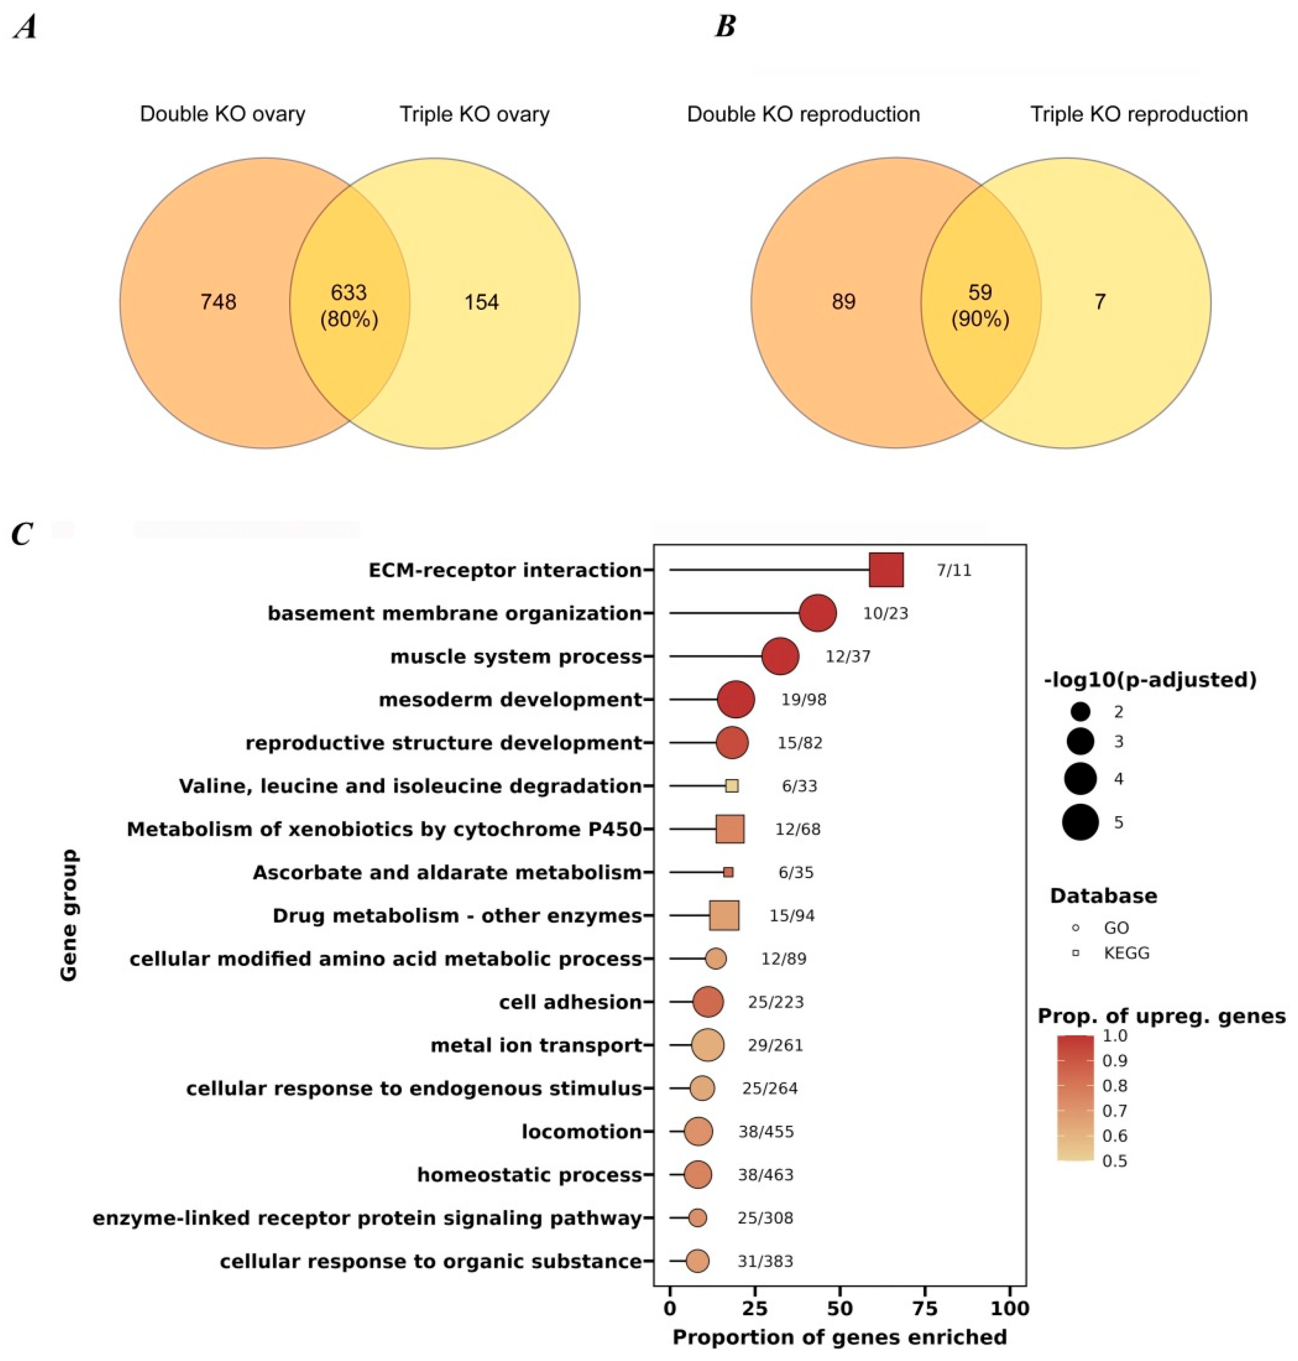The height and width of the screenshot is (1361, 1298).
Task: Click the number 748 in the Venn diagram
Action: click(218, 302)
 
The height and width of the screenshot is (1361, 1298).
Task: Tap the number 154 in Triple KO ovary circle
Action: click(482, 302)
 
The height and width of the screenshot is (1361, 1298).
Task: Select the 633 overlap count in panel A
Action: click(348, 292)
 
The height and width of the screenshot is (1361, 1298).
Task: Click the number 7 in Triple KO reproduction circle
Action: click(1099, 302)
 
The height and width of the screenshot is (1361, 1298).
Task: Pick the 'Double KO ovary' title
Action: click(222, 114)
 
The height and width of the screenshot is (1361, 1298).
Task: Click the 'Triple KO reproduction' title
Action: click(1139, 114)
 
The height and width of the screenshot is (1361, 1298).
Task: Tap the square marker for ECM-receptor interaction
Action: click(886, 570)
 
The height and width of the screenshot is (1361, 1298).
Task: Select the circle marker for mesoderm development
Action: click(736, 699)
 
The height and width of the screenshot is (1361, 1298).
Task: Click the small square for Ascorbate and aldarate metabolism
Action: click(728, 872)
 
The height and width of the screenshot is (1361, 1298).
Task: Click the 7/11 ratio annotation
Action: click(954, 570)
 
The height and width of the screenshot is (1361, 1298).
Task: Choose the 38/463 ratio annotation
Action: click(765, 1175)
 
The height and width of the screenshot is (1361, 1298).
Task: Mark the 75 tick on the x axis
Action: click(926, 1308)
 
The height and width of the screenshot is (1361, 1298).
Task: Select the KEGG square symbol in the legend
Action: click(1075, 953)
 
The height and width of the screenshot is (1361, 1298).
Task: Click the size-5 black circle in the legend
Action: click(1081, 823)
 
